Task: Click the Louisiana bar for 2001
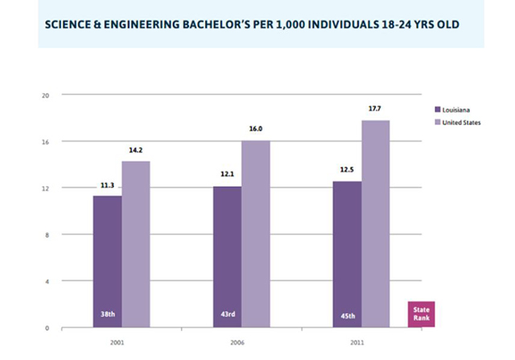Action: (x=107, y=262)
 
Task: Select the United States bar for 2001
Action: (x=136, y=244)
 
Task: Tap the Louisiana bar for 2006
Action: (x=227, y=257)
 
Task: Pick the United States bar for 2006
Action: (x=256, y=234)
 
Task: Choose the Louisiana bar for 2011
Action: (x=347, y=254)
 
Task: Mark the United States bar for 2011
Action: (x=376, y=224)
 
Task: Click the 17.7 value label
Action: (x=374, y=109)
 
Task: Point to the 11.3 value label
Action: (x=107, y=185)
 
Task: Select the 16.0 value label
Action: (x=256, y=129)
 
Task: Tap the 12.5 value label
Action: (x=347, y=170)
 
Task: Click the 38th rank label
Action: (x=108, y=314)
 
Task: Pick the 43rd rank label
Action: (x=228, y=314)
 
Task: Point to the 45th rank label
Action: (x=348, y=316)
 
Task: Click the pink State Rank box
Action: (x=422, y=314)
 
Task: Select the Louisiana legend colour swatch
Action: (x=438, y=110)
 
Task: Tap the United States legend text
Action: (x=461, y=122)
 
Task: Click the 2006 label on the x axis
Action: (x=237, y=342)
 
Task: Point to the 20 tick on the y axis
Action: (x=45, y=96)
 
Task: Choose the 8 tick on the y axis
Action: (x=47, y=235)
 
